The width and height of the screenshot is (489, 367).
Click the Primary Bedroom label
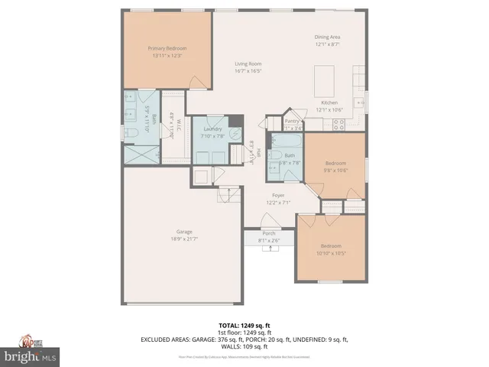167,48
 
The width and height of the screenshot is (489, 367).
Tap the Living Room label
248,63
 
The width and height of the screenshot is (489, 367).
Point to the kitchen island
325,77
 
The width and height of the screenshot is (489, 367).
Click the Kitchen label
329,102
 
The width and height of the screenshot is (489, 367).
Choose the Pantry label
292,121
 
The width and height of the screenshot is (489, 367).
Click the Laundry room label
212,129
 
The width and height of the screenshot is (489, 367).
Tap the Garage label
184,232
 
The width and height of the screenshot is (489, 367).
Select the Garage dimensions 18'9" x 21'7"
184,239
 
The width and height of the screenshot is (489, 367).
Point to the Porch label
269,233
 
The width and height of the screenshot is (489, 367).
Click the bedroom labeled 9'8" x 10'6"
336,163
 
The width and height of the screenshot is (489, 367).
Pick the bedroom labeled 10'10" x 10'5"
331,245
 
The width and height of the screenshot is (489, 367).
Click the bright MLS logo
30,356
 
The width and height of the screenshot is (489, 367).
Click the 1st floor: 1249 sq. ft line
244,333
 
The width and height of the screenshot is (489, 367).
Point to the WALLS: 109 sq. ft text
244,346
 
